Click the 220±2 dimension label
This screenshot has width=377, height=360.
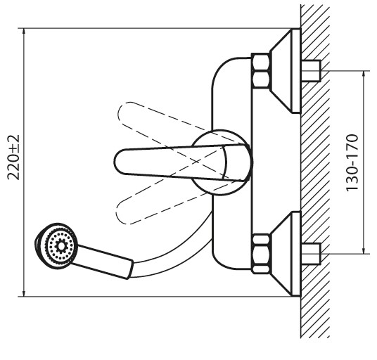click(13, 157)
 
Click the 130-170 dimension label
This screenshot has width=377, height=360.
click(352, 162)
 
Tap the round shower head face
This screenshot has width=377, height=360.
click(57, 245)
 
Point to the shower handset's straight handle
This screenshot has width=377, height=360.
click(103, 262)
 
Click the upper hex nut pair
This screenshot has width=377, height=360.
click(261, 70)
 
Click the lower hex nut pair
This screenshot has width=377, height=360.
click(261, 254)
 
